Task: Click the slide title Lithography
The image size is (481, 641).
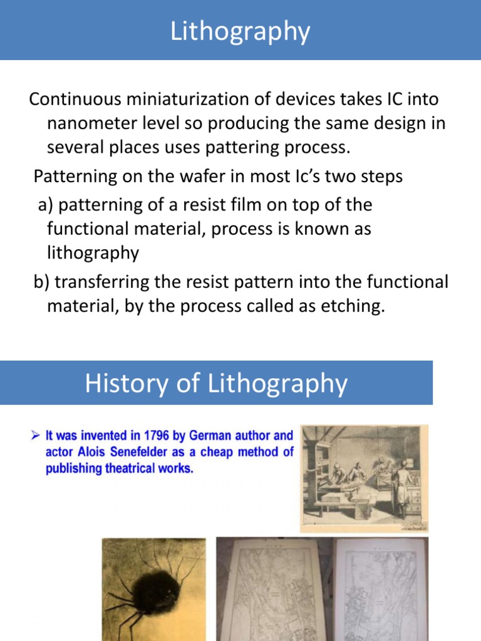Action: coord(240,31)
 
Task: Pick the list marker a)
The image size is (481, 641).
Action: coord(46,205)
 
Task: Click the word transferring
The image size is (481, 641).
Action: coord(101,282)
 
